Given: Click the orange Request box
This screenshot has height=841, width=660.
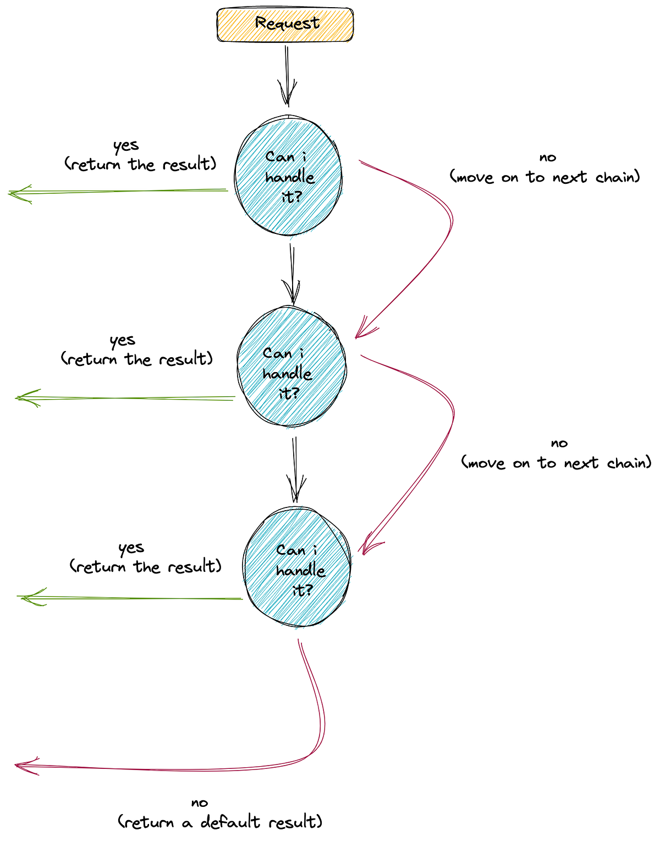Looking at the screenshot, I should pos(285,25).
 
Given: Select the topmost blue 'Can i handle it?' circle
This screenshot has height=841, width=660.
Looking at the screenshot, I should pos(288,176).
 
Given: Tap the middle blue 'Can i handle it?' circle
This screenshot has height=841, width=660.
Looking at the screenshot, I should pos(291,367).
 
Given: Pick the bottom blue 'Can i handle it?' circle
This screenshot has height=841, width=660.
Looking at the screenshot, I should pos(298,567).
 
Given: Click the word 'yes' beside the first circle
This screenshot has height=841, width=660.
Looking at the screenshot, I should pos(126,146).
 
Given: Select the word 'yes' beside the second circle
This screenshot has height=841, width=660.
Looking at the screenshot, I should pos(122,341).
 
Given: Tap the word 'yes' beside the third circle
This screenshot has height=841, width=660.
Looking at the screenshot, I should pos(131,548).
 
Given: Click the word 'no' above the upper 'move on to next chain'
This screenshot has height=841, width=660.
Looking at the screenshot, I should pos(548,158).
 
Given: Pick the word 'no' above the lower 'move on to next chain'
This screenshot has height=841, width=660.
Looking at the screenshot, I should pos(559,444).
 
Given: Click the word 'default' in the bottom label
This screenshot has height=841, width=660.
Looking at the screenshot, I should pos(230,822).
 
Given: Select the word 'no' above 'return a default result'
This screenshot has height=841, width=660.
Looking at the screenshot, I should pos(199,803).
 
